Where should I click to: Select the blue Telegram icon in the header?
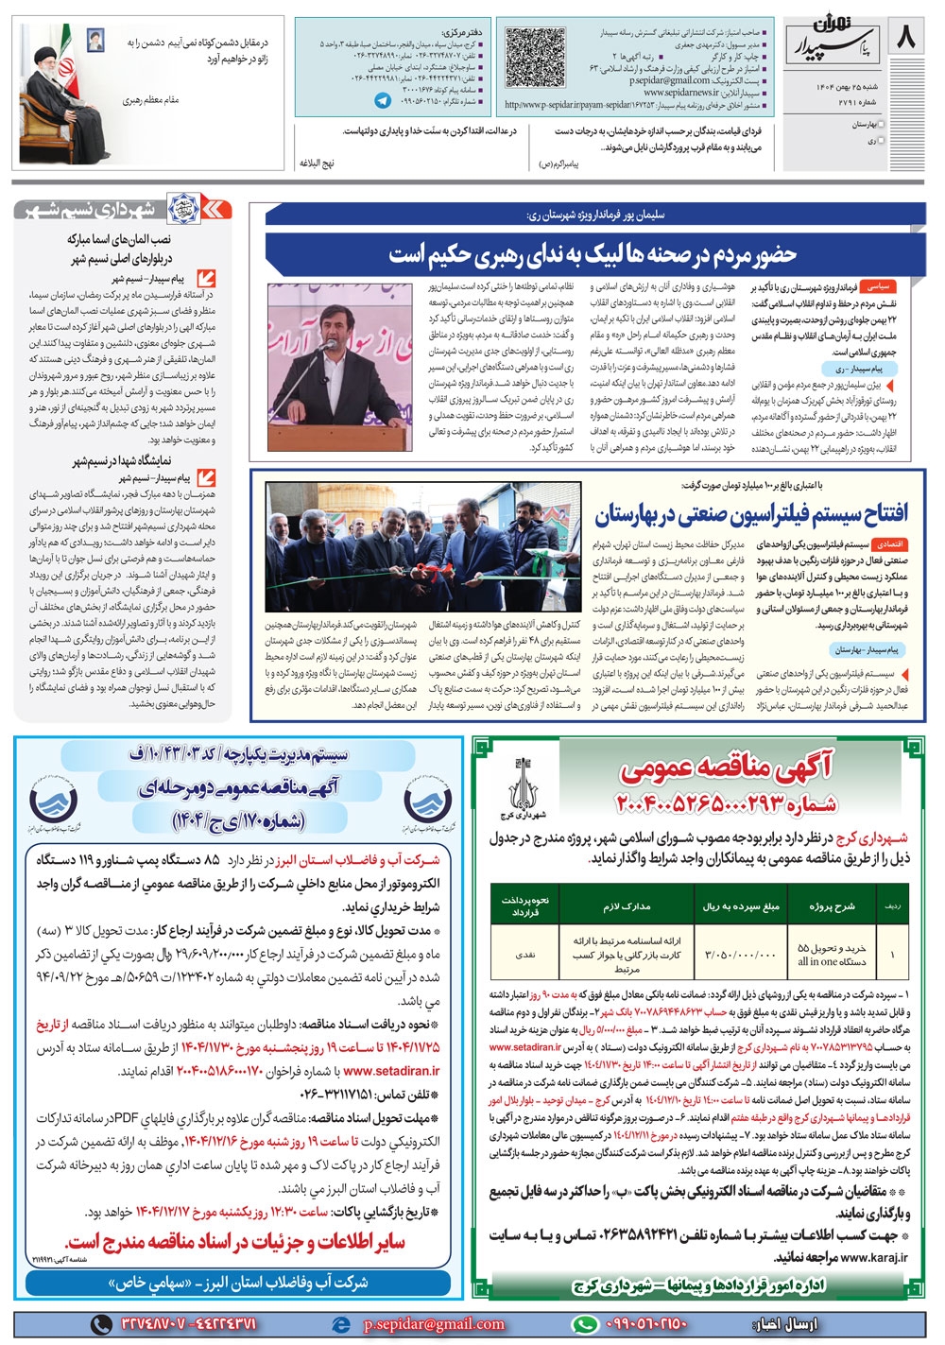pyautogui.click(x=383, y=98)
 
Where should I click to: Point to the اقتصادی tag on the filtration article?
pyautogui.click(x=891, y=545)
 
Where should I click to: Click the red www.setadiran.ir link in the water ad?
pyautogui.click(x=392, y=1071)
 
